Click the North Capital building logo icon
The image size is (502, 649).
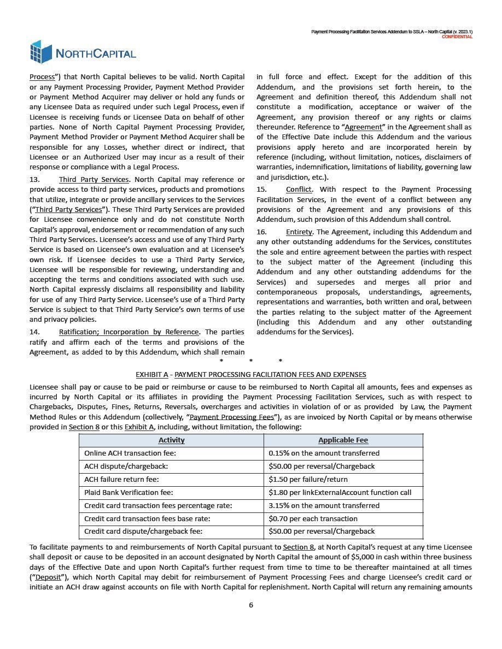[x=41, y=52]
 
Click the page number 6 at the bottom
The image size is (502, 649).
[x=251, y=605]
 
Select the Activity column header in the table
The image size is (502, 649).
[x=171, y=440]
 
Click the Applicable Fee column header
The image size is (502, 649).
[x=343, y=440]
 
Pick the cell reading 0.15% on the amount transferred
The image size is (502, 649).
[x=324, y=453]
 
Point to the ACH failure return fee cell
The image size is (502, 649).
[x=121, y=480]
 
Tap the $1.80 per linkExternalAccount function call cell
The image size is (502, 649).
[x=340, y=493]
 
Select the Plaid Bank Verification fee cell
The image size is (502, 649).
[x=129, y=493]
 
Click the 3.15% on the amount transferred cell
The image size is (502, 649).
[x=324, y=506]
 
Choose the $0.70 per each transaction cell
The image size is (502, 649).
[x=313, y=519]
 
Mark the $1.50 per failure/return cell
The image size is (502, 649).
[x=308, y=480]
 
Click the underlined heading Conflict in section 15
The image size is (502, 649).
[x=299, y=190]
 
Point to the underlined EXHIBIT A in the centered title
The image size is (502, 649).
[x=151, y=375]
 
